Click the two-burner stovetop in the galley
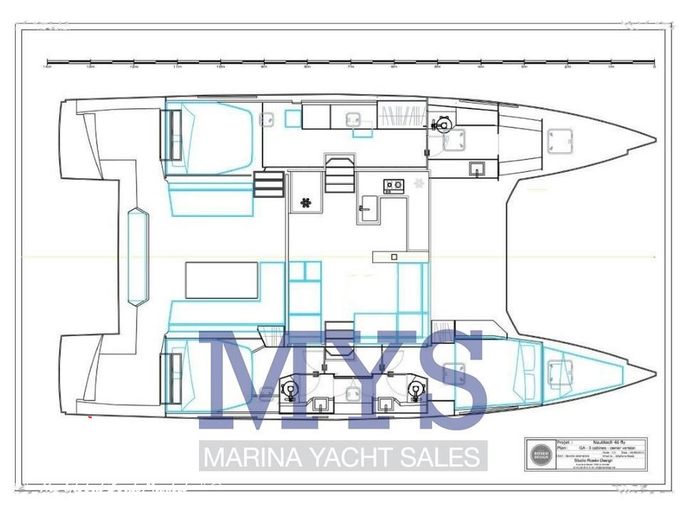(393, 186)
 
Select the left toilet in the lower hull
(290, 389)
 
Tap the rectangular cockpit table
(222, 280)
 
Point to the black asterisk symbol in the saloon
(306, 202)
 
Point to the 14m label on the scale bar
(47, 68)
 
